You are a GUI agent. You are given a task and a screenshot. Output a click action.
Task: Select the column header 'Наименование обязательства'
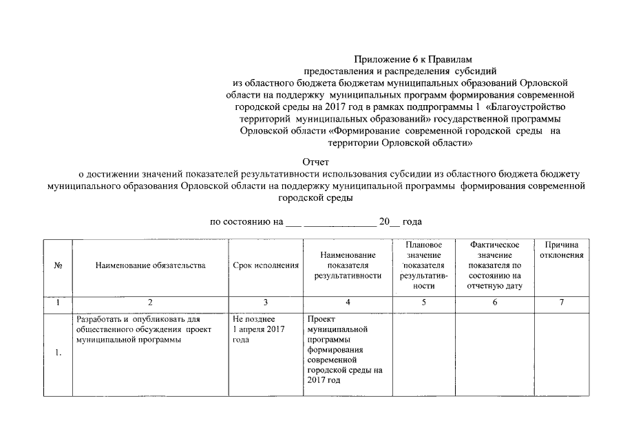(x=150, y=265)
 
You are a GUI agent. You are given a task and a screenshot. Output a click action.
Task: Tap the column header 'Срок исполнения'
(x=266, y=265)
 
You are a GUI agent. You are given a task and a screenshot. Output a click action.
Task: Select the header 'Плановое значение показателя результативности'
(x=423, y=265)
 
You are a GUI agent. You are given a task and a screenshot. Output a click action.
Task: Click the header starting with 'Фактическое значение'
(x=494, y=265)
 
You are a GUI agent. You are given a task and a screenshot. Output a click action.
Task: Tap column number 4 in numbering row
(x=348, y=302)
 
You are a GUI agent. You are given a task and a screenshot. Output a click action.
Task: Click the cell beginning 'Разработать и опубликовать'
(x=138, y=329)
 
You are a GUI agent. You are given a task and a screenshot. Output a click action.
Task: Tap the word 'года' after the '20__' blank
(x=412, y=222)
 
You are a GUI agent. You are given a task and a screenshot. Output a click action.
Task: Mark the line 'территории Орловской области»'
(x=400, y=142)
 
